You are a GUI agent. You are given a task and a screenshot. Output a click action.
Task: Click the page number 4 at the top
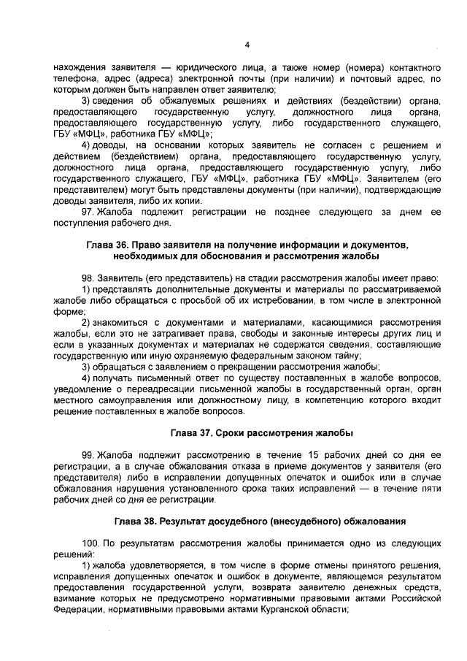pos(247,45)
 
